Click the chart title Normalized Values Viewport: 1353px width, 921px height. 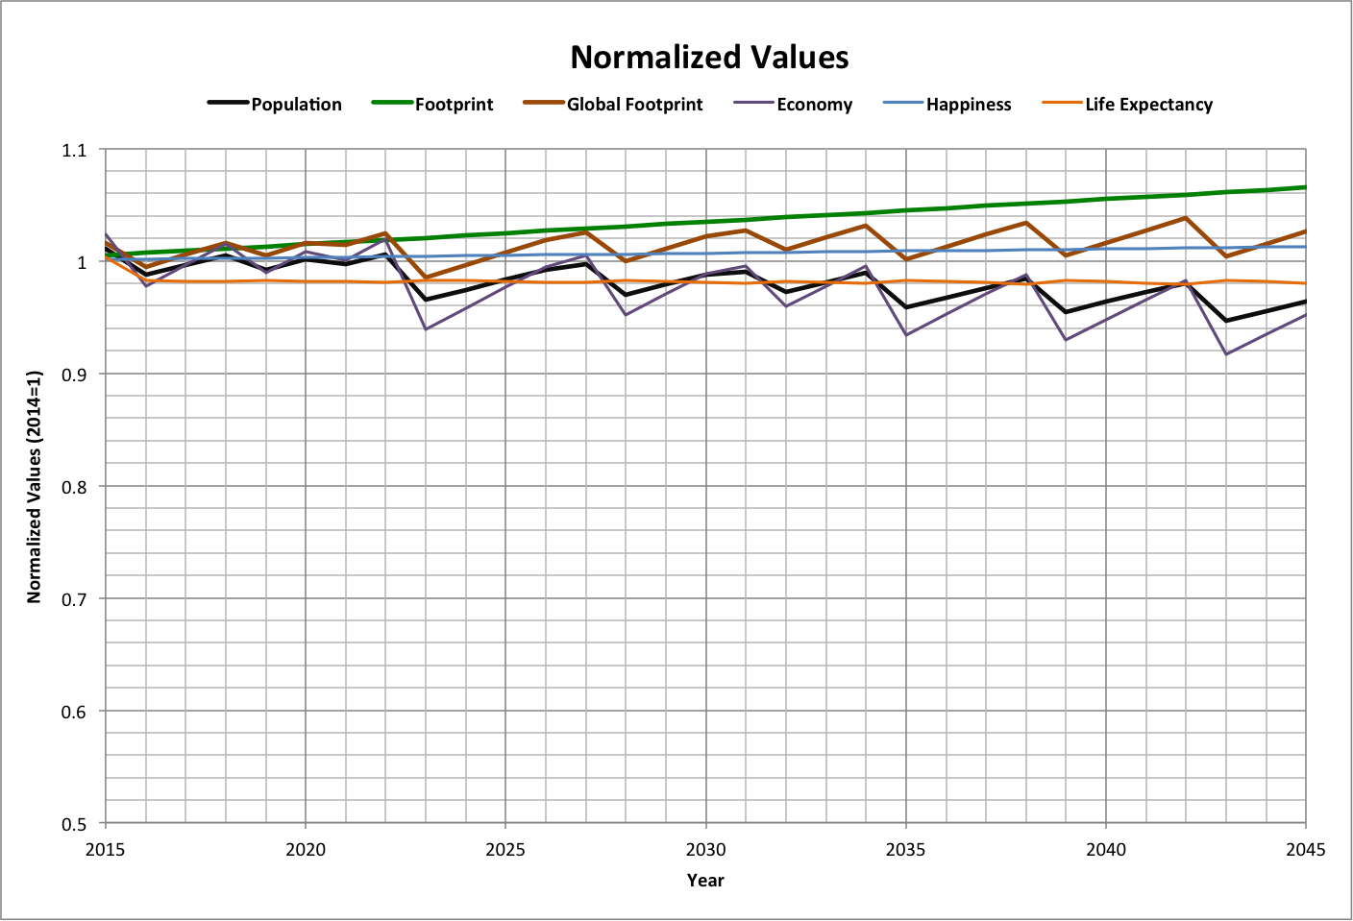709,58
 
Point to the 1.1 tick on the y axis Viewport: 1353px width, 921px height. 74,150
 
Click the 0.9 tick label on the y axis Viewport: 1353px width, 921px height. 74,375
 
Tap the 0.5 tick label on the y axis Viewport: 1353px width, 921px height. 74,824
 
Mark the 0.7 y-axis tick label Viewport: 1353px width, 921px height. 74,599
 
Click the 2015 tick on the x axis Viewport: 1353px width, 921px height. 105,849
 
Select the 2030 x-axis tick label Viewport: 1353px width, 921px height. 705,849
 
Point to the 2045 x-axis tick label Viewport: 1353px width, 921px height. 1305,849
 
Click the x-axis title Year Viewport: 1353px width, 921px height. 705,880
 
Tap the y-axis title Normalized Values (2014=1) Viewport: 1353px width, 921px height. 35,487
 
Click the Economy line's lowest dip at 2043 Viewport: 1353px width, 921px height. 1226,354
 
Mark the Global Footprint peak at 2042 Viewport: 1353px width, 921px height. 1186,218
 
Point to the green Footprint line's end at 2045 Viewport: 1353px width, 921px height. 1305,187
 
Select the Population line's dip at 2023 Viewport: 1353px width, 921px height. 426,300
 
